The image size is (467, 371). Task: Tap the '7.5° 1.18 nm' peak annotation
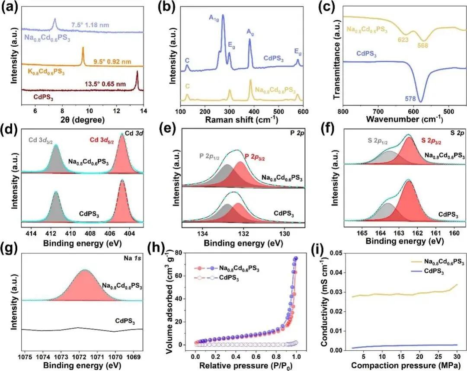pos(90,25)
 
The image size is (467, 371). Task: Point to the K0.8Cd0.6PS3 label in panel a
pos(45,72)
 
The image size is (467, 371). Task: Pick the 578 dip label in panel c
pos(410,98)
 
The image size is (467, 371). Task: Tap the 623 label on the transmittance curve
pos(403,39)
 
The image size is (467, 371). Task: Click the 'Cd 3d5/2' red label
pos(102,140)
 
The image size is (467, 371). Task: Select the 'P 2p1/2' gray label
pos(209,157)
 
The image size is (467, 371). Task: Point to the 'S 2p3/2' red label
pos(431,141)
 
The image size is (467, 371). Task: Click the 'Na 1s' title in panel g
pos(132,258)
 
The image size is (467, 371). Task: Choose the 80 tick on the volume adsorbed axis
pos(178,253)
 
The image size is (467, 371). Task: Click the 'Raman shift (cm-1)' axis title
pos(242,120)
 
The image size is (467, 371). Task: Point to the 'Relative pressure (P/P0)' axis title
pos(246,365)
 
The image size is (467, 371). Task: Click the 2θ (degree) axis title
pos(82,120)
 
